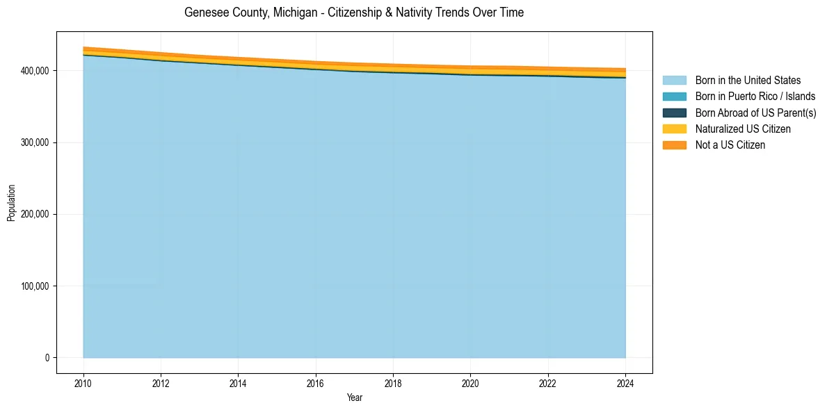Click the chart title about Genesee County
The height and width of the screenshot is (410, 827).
click(x=354, y=13)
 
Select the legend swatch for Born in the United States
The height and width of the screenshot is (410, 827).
click(x=674, y=81)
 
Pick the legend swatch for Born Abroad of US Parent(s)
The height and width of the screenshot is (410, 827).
click(x=674, y=113)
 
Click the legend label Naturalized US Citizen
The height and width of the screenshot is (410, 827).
click(x=743, y=129)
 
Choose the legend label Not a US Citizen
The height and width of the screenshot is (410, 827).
click(x=730, y=145)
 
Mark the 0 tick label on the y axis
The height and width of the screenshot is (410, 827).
click(x=47, y=358)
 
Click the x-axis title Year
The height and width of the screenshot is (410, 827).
click(x=354, y=397)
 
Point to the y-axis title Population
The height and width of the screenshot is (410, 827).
click(x=11, y=203)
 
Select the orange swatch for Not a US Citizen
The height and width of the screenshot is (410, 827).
click(x=674, y=145)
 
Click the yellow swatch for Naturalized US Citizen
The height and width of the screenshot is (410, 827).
click(x=674, y=129)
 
